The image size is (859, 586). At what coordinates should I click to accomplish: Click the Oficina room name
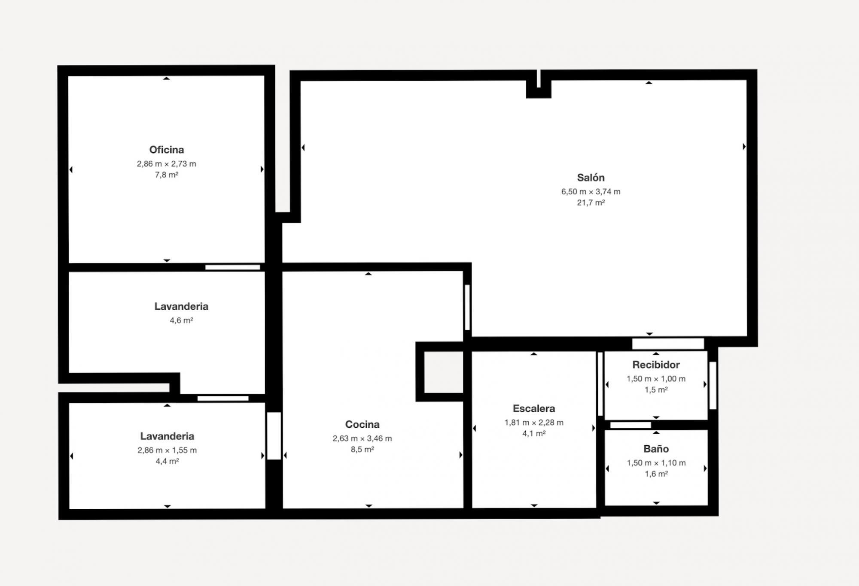pyautogui.click(x=167, y=150)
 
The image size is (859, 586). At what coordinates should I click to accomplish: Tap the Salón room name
pyautogui.click(x=591, y=178)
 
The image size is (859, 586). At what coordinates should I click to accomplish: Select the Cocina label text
pyautogui.click(x=362, y=424)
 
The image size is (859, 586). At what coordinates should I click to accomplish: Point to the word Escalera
pyautogui.click(x=534, y=408)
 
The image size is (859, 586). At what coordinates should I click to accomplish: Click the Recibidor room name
pyautogui.click(x=656, y=365)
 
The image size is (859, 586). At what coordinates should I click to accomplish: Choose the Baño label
pyautogui.click(x=656, y=449)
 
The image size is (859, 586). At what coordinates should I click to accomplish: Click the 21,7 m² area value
pyautogui.click(x=591, y=202)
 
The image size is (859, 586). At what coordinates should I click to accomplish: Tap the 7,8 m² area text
pyautogui.click(x=167, y=175)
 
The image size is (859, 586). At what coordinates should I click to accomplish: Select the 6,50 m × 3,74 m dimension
pyautogui.click(x=591, y=191)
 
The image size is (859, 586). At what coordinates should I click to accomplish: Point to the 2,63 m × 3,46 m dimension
pyautogui.click(x=362, y=438)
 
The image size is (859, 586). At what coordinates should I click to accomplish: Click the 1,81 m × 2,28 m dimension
pyautogui.click(x=534, y=422)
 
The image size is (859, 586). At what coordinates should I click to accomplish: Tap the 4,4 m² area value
pyautogui.click(x=167, y=461)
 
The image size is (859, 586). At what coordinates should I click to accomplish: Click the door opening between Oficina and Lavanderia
pyautogui.click(x=233, y=267)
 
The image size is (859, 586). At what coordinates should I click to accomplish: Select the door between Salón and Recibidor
pyautogui.click(x=668, y=344)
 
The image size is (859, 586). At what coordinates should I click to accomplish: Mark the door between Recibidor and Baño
pyautogui.click(x=631, y=425)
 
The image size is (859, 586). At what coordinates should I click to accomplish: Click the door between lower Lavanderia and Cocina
pyautogui.click(x=274, y=436)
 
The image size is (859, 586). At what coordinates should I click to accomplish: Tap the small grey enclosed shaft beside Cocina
pyautogui.click(x=444, y=372)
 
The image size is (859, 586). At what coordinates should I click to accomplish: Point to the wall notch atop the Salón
pyautogui.click(x=539, y=84)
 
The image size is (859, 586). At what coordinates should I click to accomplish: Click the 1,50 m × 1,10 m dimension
pyautogui.click(x=656, y=462)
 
